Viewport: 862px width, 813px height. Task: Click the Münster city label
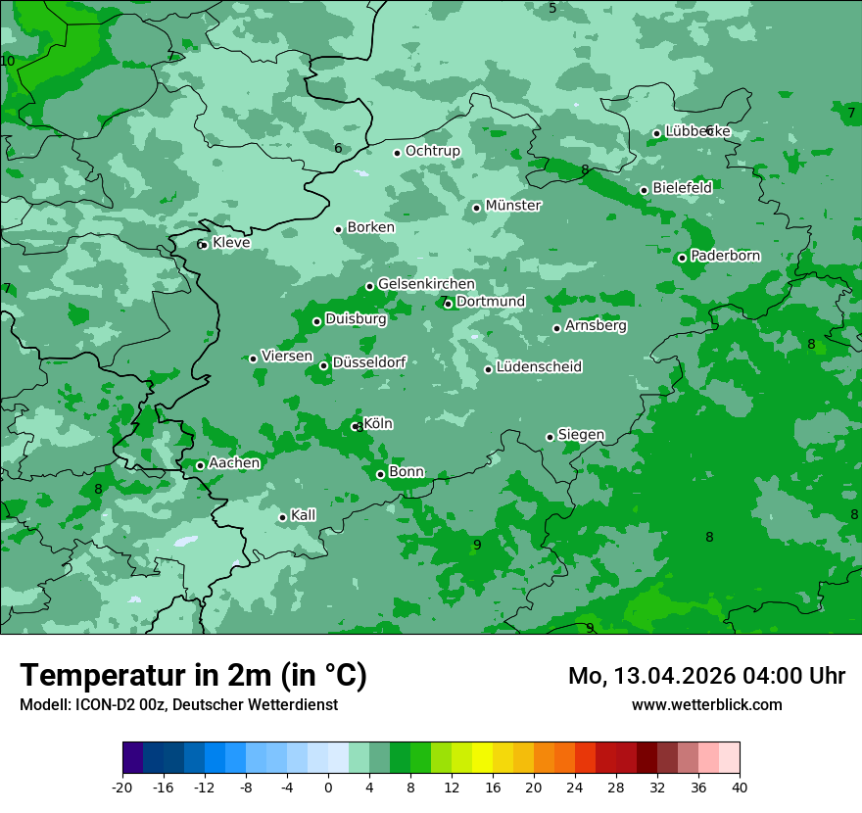512,206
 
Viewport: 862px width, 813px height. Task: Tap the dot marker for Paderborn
682,258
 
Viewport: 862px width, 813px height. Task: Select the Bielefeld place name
682,187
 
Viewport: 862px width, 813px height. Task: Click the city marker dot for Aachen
200,465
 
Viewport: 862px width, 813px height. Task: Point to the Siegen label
581,435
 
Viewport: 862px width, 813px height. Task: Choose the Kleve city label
231,243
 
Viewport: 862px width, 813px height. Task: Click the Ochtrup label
432,151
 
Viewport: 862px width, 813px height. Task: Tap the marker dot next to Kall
282,517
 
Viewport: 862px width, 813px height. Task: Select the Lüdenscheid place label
539,367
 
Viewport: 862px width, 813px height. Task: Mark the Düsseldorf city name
368,362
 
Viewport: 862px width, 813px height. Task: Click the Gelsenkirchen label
426,284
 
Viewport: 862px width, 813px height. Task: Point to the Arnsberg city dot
556,328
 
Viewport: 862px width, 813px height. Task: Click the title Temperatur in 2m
193,675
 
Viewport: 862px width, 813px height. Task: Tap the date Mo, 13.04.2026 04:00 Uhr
706,676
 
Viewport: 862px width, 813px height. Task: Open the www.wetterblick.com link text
706,704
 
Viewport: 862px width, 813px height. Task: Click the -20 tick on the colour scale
122,788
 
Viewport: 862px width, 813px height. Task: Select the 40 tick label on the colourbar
740,788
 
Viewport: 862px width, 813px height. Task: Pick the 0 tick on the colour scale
328,788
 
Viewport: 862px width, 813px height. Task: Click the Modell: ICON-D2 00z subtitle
178,704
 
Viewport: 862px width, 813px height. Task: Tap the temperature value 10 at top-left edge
8,61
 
